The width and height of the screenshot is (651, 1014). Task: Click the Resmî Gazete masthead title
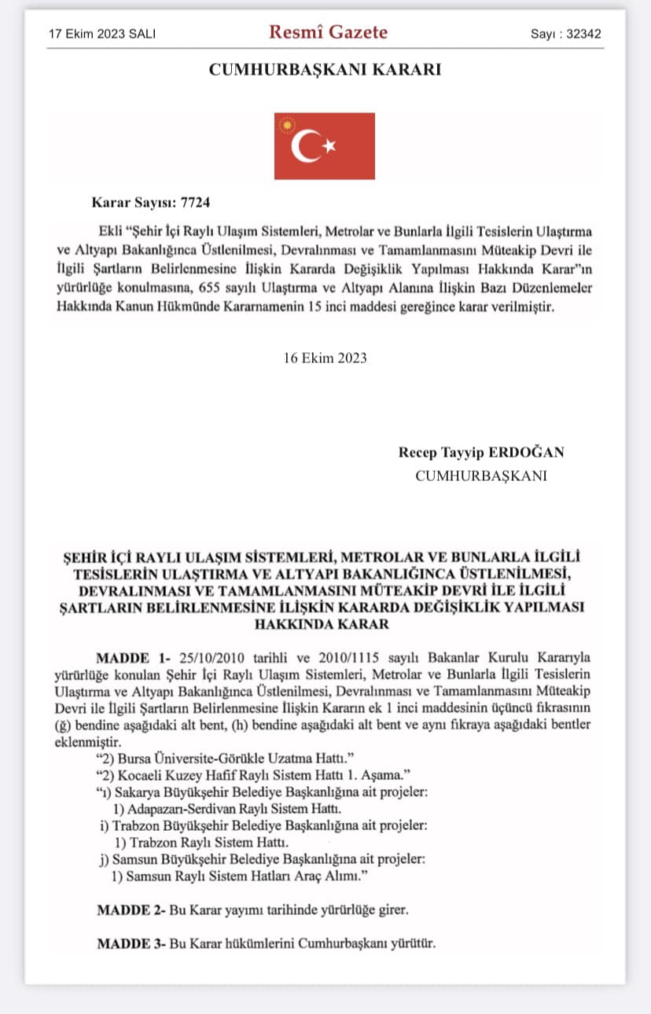328,33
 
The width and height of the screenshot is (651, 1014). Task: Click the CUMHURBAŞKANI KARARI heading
325,70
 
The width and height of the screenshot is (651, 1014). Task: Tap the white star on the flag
329,145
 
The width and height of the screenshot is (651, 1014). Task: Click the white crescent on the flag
305,146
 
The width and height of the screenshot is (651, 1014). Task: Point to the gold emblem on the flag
287,125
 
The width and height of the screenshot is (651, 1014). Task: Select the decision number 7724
195,202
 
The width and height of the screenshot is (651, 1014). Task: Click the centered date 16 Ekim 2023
325,358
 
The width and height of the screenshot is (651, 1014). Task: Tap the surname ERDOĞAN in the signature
527,453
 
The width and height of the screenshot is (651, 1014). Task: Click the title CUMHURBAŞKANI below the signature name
481,476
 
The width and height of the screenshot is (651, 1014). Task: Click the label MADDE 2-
129,909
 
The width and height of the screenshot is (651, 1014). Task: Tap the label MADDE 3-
129,942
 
